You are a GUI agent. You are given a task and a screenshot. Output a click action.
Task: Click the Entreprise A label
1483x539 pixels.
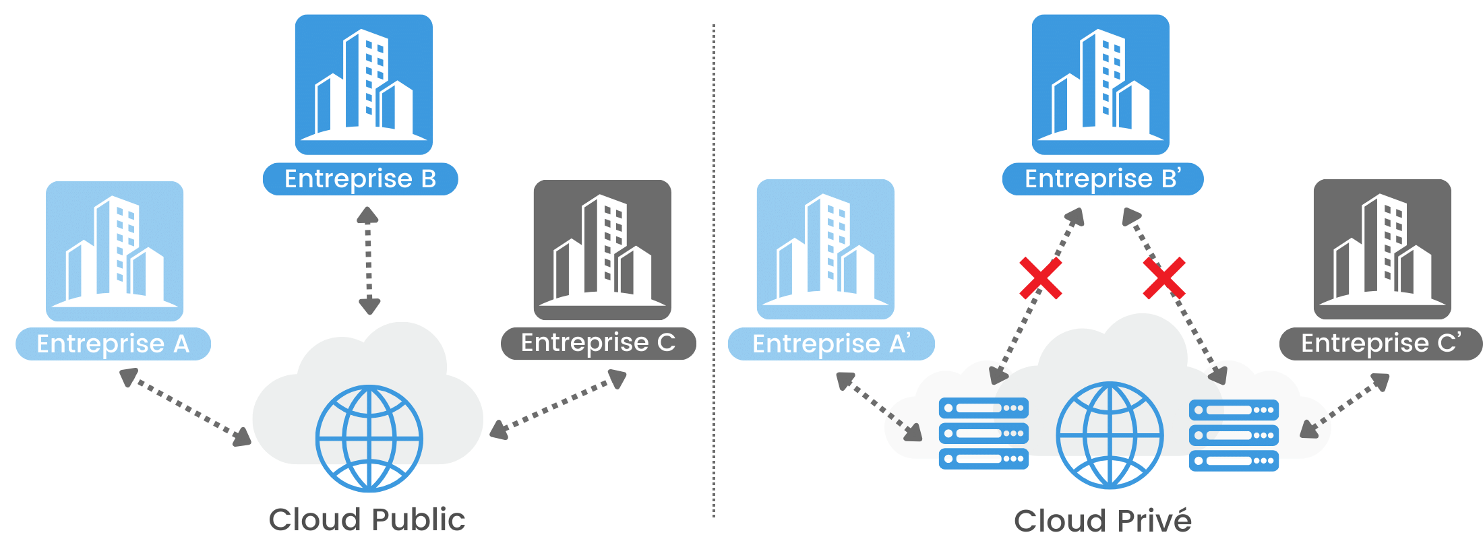click(113, 344)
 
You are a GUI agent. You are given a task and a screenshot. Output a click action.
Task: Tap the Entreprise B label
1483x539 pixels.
click(361, 179)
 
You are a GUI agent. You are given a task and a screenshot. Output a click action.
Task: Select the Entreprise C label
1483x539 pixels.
click(599, 343)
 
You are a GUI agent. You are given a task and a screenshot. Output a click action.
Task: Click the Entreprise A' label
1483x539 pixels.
click(831, 344)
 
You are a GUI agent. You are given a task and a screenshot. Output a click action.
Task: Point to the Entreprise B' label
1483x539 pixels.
click(1103, 179)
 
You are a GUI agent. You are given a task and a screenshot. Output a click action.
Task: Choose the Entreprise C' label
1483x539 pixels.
click(1381, 344)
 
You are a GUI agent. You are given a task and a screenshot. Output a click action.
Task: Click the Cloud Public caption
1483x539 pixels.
click(367, 519)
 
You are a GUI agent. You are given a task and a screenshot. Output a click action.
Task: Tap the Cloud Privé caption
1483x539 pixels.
click(1103, 521)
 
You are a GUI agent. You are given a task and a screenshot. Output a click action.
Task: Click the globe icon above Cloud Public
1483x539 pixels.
click(369, 438)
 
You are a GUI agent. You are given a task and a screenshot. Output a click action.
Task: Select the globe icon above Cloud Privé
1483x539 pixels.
click(1110, 435)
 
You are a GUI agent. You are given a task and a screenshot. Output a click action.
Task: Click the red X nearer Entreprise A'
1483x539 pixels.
click(1040, 278)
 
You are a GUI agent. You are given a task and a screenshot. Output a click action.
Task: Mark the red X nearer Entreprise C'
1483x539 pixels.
click(1164, 278)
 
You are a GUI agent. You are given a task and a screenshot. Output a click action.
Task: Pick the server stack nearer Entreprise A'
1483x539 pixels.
click(983, 433)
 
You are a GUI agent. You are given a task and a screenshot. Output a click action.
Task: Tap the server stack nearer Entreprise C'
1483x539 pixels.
click(1234, 435)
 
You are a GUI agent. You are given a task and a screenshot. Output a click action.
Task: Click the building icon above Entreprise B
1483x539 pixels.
click(364, 85)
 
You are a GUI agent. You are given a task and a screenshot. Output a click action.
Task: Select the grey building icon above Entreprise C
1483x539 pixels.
click(603, 250)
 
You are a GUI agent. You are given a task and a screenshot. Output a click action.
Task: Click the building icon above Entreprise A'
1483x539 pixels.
click(826, 249)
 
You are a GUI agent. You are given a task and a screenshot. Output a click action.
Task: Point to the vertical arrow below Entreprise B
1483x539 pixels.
click(368, 261)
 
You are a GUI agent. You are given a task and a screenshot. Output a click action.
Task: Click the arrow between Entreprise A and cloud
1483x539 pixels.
click(185, 408)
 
